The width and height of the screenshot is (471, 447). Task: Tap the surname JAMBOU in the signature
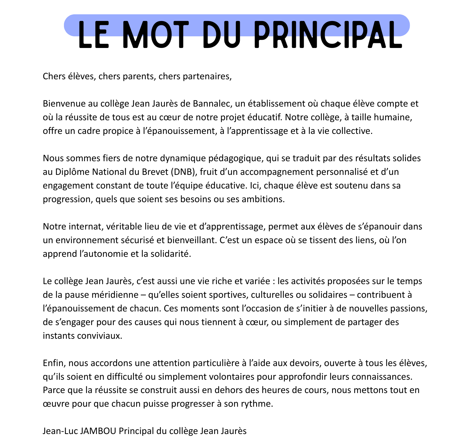pos(98,431)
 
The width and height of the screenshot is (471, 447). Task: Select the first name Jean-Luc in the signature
pos(60,431)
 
